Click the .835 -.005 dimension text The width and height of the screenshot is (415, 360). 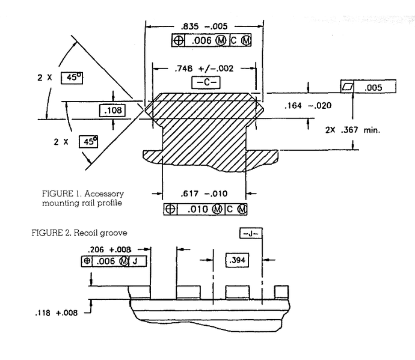(203, 27)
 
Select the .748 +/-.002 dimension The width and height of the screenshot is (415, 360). (203, 69)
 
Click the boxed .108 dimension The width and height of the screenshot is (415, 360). (112, 111)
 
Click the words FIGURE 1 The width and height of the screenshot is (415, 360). (58, 194)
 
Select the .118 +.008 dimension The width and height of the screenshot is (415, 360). (57, 313)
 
